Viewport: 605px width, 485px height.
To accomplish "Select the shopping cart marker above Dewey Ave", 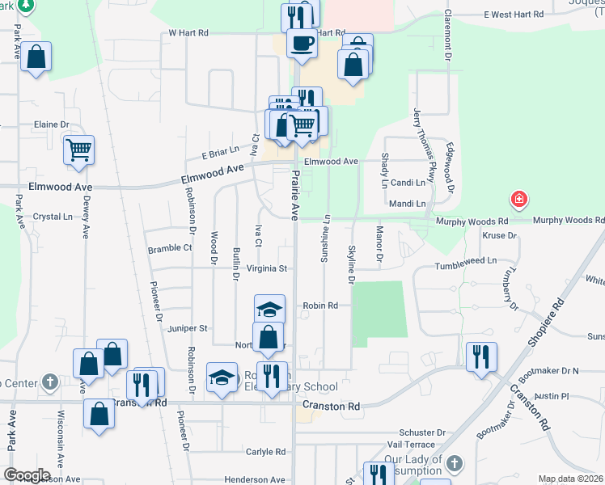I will [x=78, y=150].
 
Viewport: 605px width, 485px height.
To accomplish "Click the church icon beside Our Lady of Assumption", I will [x=455, y=463].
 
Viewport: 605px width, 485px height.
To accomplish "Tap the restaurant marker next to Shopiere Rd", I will [x=481, y=356].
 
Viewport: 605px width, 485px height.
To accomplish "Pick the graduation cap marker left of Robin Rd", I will [x=270, y=310].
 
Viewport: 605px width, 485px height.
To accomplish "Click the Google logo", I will [x=27, y=475].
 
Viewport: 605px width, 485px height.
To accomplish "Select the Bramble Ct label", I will [x=170, y=249].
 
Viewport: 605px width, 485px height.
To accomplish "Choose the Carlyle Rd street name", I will [x=267, y=452].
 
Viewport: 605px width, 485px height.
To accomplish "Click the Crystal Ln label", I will [x=53, y=217].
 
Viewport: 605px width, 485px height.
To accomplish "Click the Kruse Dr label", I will [x=499, y=236].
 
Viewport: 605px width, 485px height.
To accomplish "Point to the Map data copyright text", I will [x=571, y=479].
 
